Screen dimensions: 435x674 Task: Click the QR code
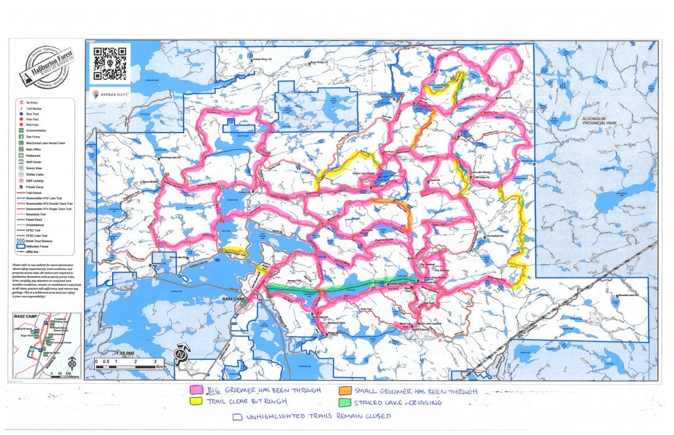pyautogui.click(x=109, y=63)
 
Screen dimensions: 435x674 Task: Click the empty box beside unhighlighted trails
pyautogui.click(x=236, y=416)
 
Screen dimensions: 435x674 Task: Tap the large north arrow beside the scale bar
pyautogui.click(x=182, y=354)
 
